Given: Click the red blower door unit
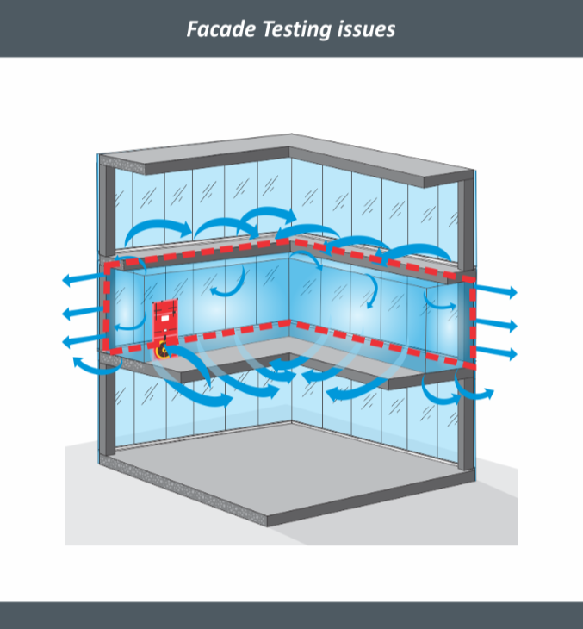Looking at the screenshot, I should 165,323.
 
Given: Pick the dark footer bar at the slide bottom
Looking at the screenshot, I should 291,615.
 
